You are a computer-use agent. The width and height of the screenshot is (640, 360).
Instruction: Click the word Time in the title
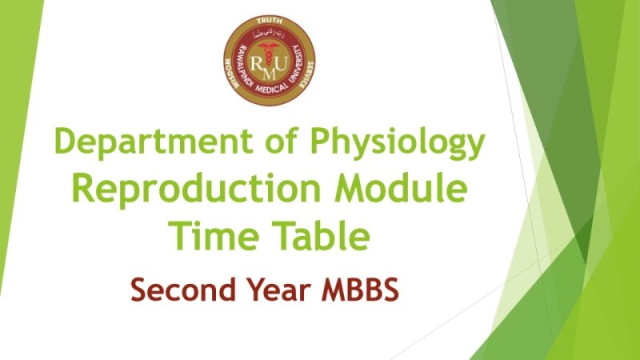(x=210, y=236)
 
